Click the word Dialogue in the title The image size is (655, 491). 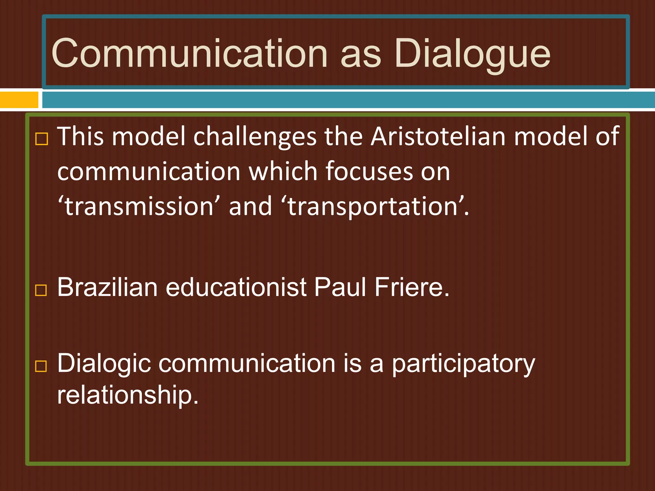tap(472, 54)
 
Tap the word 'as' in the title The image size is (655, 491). tap(361, 55)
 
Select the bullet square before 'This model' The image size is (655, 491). tap(42, 139)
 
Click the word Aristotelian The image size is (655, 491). tap(438, 136)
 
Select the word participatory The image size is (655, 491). tap(463, 364)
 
